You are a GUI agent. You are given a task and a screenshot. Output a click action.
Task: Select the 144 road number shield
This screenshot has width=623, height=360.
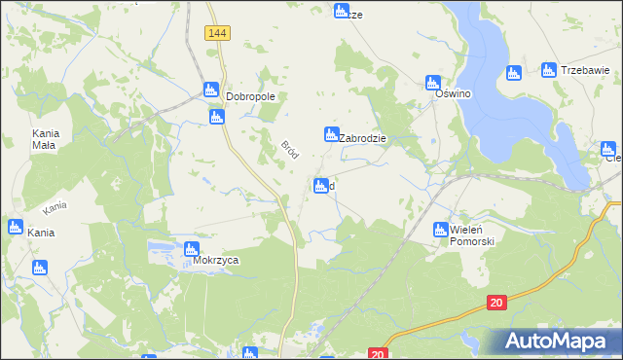pos(217,33)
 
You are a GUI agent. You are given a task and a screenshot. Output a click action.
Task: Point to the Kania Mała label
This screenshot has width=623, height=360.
pos(44,138)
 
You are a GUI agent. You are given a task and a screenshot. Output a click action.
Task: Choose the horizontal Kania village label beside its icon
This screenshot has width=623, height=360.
pos(41,233)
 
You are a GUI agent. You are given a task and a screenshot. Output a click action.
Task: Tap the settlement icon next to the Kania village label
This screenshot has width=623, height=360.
pos(14,228)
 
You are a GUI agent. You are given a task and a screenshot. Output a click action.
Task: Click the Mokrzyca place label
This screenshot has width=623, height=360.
pos(216,260)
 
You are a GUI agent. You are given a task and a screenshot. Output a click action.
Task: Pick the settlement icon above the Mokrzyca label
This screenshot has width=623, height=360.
pos(192,249)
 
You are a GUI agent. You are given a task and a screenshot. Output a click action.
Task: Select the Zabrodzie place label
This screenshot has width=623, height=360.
pos(363,138)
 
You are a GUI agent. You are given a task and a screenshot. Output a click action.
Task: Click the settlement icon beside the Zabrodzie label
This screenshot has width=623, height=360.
pos(331,134)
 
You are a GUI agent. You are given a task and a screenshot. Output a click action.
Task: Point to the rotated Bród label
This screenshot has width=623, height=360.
pos(289,151)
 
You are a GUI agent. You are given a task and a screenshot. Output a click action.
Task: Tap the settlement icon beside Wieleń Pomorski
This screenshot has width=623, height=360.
pos(440,230)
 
